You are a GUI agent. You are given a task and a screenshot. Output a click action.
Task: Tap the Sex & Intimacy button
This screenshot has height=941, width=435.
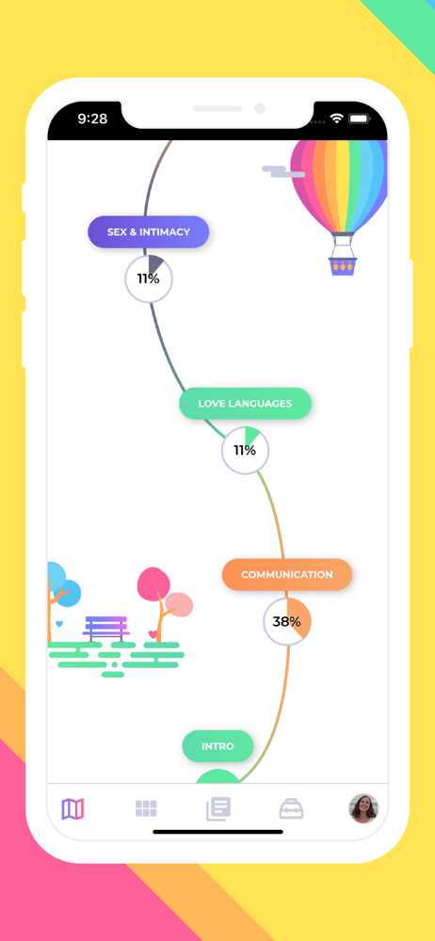pos(149,232)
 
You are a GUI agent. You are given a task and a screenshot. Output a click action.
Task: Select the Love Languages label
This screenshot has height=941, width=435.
pos(245,404)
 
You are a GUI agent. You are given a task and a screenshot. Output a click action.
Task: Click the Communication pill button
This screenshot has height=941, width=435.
pos(287,574)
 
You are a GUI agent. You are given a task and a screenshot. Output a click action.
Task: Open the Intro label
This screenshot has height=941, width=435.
pos(217,746)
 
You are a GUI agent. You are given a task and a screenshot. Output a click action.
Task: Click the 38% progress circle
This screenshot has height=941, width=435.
pos(287,622)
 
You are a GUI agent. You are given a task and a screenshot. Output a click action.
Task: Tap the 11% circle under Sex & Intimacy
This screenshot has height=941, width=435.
pos(149,279)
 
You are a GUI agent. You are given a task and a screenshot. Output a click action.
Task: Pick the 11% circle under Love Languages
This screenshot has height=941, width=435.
pos(245,450)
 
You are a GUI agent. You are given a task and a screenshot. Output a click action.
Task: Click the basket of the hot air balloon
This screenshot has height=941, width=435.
pos(343,266)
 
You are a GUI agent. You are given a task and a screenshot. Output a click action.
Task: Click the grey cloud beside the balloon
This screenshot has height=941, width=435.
pos(283,171)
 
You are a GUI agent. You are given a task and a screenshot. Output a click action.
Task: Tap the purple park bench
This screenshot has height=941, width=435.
pos(105,629)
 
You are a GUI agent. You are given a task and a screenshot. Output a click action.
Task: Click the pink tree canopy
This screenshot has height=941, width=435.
pos(153,584)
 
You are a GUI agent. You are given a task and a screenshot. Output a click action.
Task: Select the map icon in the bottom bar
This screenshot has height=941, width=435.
pos(72,809)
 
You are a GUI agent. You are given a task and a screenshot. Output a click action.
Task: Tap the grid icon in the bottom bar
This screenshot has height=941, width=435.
pos(146,809)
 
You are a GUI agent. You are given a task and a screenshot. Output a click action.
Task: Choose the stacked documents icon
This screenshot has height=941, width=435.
pos(218,809)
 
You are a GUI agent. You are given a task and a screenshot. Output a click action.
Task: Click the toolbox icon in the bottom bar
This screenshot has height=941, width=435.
pos(291,809)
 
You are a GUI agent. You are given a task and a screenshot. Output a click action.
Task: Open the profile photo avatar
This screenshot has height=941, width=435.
pos(363,809)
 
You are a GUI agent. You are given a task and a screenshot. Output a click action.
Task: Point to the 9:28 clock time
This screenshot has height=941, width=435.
pos(92,119)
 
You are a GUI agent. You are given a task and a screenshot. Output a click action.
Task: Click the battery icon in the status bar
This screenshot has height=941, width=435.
pos(359,119)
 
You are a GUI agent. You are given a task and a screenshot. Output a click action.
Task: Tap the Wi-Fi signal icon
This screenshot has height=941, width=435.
pos(336,119)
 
